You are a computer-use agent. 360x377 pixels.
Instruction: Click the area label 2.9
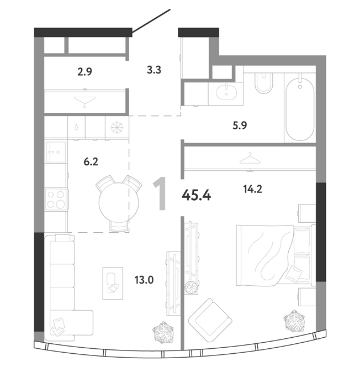click(x=85, y=72)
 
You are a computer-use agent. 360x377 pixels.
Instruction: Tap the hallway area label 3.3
click(x=154, y=70)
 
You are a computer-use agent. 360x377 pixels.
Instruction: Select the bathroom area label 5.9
click(x=240, y=125)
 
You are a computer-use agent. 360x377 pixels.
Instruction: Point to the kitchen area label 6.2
click(x=91, y=161)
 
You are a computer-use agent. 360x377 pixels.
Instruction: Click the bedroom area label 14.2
click(x=252, y=189)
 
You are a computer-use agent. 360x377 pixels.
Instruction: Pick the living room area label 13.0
click(x=144, y=280)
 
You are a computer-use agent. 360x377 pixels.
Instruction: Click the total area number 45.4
click(x=197, y=195)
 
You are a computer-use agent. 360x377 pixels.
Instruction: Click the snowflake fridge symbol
click(x=117, y=128)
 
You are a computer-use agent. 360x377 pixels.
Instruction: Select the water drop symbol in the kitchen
click(x=76, y=127)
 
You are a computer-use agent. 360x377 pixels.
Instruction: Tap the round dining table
click(x=119, y=202)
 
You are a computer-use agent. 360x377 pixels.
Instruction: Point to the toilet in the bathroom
click(x=264, y=83)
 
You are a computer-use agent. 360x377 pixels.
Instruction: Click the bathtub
click(x=300, y=107)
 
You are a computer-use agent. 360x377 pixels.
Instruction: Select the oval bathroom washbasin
click(x=226, y=92)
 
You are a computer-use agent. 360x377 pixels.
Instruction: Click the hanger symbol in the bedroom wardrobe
click(x=250, y=158)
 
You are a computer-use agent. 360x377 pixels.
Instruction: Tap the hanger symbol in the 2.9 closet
click(x=85, y=102)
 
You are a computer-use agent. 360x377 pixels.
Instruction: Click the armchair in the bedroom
click(x=210, y=320)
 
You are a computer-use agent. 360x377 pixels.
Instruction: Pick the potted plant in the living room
click(x=163, y=333)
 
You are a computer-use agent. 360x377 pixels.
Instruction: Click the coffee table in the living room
click(x=113, y=283)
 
